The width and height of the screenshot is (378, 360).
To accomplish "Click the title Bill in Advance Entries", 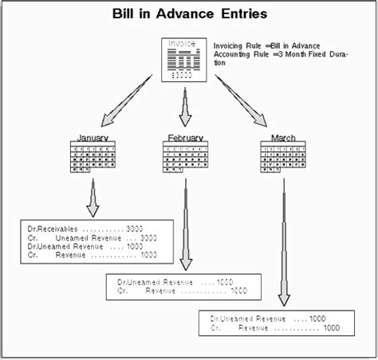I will pyautogui.click(x=189, y=14).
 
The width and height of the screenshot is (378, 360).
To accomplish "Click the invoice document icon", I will pyautogui.click(x=185, y=59).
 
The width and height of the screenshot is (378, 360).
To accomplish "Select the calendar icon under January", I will pyautogui.click(x=93, y=157).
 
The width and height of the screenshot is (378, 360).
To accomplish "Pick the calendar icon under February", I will pyautogui.click(x=187, y=157).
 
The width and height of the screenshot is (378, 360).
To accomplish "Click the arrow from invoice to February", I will pyautogui.click(x=186, y=108).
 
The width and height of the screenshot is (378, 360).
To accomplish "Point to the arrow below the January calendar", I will pyautogui.click(x=93, y=199).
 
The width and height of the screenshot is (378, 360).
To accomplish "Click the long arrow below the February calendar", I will pyautogui.click(x=186, y=227).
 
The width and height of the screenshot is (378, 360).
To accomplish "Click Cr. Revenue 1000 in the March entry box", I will pyautogui.click(x=275, y=327).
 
